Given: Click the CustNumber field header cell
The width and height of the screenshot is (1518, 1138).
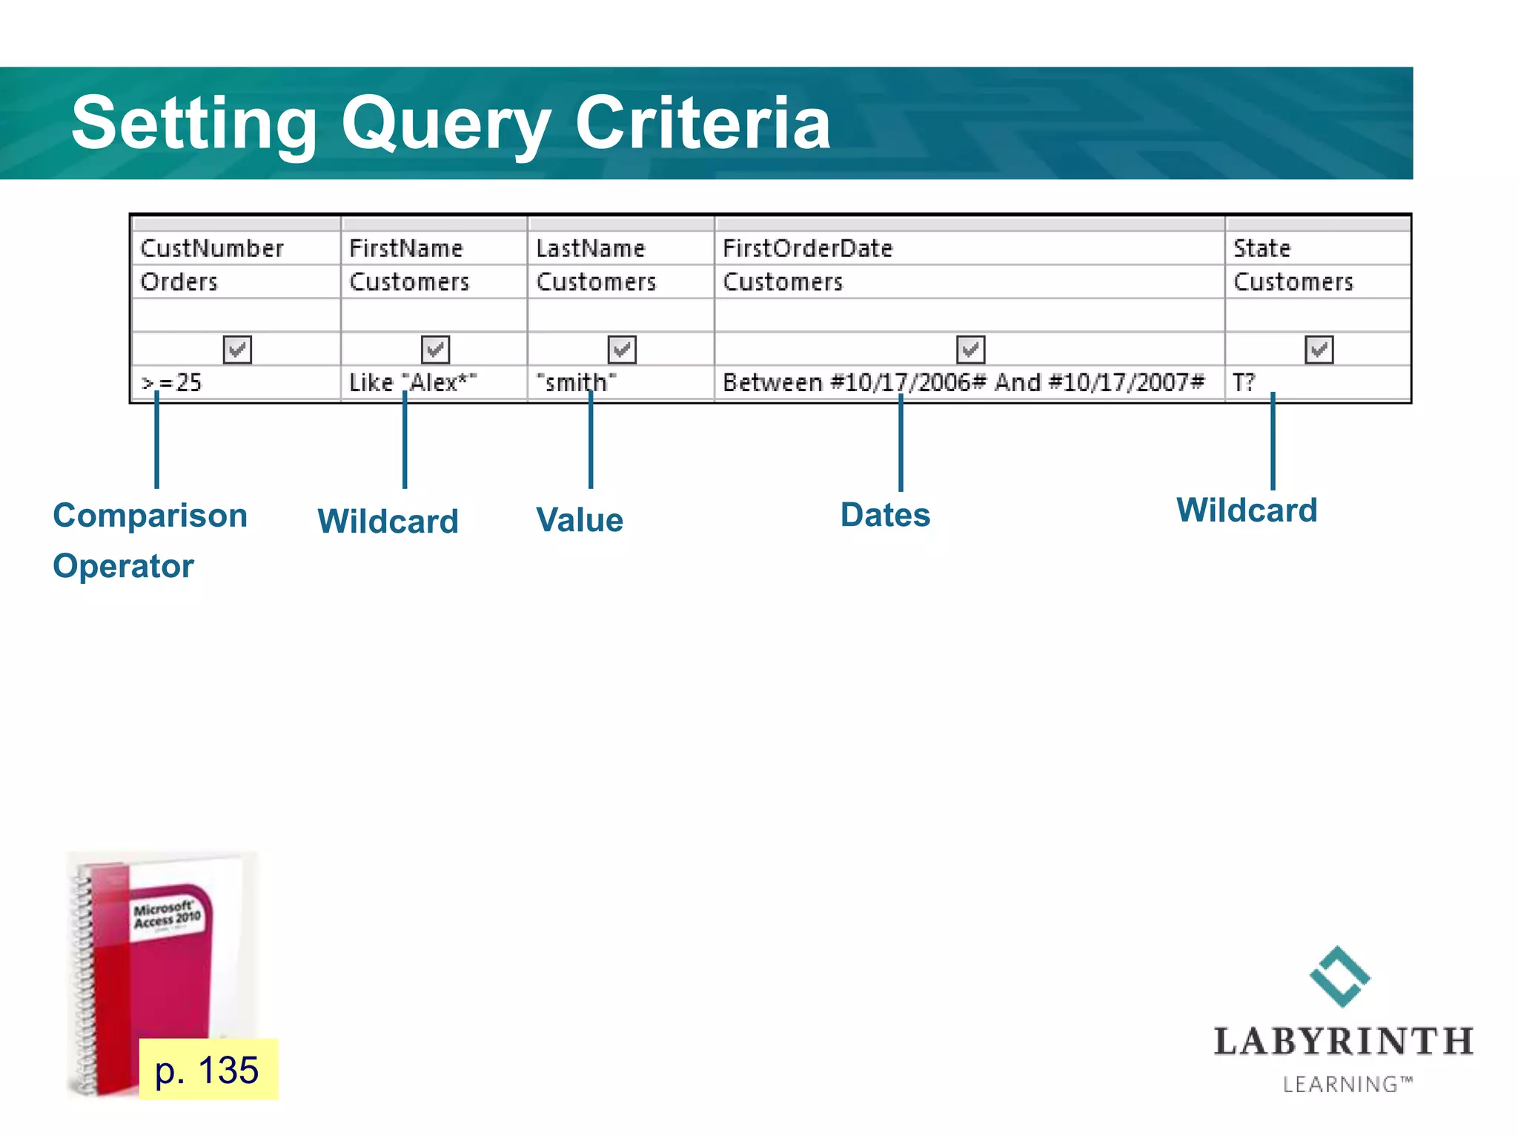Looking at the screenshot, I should [x=212, y=248].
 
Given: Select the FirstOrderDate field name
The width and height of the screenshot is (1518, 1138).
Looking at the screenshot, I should [x=807, y=248].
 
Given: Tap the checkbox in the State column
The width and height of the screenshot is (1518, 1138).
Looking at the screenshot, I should [x=1319, y=349].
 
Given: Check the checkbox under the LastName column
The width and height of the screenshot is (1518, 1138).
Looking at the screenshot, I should [x=622, y=349].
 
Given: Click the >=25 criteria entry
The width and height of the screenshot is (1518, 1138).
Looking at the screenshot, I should [x=171, y=383].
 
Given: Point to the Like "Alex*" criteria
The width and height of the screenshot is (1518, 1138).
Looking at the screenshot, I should [x=412, y=383].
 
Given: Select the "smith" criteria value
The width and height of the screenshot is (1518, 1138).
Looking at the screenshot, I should [x=576, y=383].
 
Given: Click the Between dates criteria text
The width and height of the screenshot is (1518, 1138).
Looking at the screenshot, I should [x=963, y=383].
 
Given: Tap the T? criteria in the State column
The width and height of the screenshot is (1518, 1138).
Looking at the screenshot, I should [x=1243, y=383].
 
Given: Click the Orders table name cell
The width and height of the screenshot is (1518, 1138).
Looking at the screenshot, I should [x=179, y=282].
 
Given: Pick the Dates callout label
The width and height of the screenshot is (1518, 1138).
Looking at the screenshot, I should [x=885, y=515].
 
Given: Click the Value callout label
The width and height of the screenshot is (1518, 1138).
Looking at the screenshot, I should [x=580, y=520].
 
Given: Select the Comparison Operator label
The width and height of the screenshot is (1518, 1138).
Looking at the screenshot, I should [x=149, y=540].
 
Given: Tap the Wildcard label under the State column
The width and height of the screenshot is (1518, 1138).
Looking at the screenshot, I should [x=1247, y=510].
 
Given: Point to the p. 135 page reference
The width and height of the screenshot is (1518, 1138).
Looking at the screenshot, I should [x=208, y=1070].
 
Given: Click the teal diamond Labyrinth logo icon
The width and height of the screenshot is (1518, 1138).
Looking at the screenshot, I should [x=1340, y=976].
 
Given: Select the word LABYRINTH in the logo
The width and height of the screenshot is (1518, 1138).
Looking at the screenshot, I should [x=1343, y=1042].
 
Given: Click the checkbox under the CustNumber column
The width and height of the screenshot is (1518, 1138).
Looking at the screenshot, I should [x=237, y=349].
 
